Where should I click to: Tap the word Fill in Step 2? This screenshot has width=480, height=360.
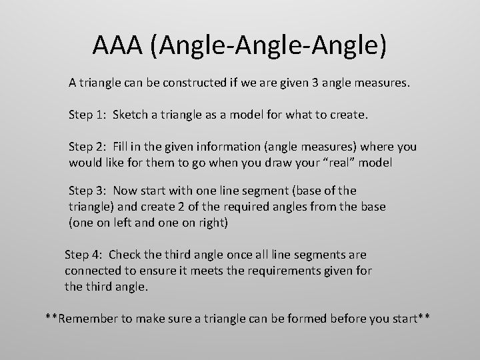pos(121,146)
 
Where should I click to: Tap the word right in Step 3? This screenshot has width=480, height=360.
pos(212,223)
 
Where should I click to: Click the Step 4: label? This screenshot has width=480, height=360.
pos(83,255)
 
